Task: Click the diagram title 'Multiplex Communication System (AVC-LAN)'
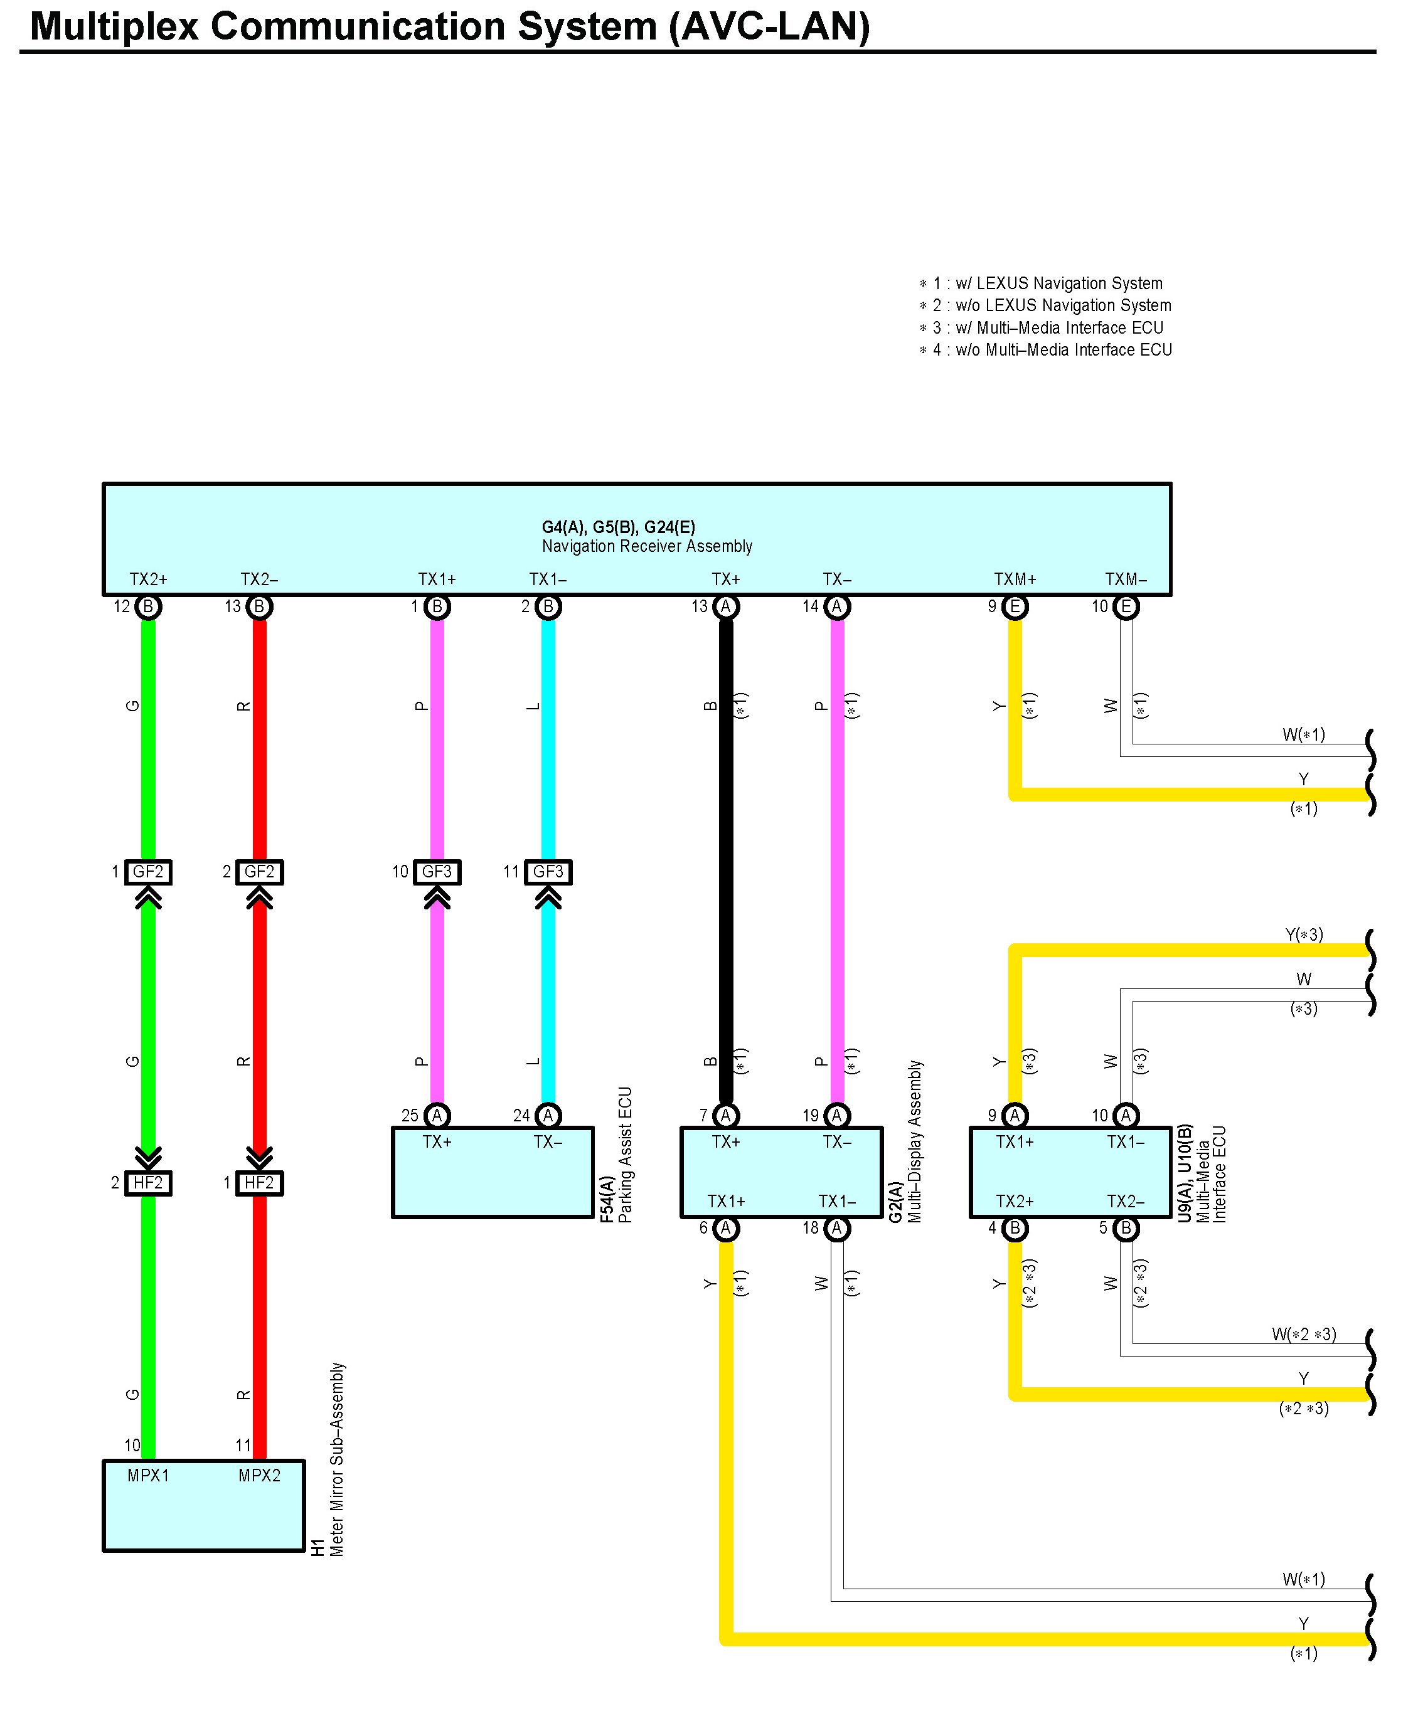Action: point(449,26)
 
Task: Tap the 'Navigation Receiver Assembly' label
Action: point(646,546)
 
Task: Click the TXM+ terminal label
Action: point(1015,579)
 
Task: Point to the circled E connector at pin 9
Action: point(1015,606)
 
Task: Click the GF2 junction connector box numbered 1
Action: point(148,872)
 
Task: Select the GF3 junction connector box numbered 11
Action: point(548,872)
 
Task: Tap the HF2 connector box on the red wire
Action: point(259,1182)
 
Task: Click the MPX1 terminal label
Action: point(148,1476)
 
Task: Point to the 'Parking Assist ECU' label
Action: point(625,1154)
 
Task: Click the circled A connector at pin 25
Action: point(437,1115)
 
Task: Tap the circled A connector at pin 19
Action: point(837,1115)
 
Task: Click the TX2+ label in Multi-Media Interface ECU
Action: point(1015,1201)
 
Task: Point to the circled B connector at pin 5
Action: point(1126,1228)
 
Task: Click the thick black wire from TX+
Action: point(725,862)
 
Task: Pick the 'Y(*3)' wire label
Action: point(1303,934)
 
